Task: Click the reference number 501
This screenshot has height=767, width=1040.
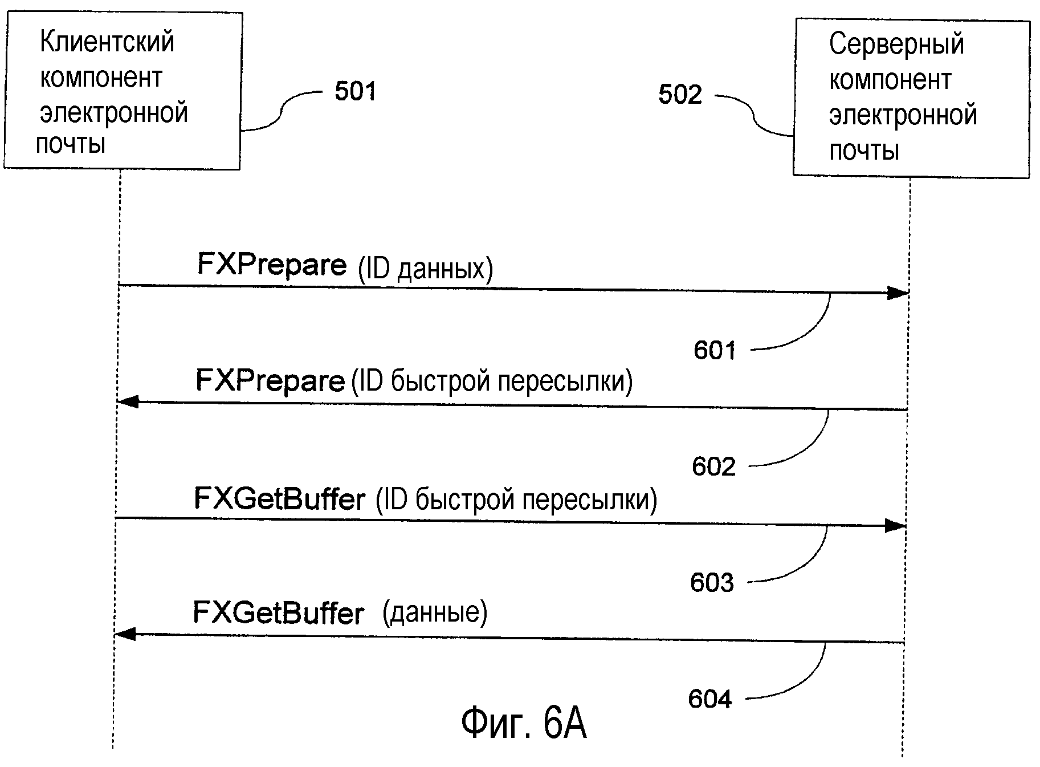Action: click(x=355, y=91)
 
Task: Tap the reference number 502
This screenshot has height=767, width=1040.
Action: click(x=680, y=95)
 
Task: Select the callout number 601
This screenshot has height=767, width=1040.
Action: click(x=715, y=350)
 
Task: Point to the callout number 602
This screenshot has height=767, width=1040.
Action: click(x=713, y=466)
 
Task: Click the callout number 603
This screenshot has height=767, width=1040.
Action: click(x=712, y=583)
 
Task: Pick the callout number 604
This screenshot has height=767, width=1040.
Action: click(x=710, y=699)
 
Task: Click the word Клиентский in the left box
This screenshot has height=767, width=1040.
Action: click(x=107, y=42)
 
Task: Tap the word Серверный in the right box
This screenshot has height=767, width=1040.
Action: click(x=896, y=44)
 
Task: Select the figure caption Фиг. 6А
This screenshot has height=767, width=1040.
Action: click(x=523, y=723)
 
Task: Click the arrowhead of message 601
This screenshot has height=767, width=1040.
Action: click(x=898, y=294)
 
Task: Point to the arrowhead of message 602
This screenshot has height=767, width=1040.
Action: click(x=128, y=401)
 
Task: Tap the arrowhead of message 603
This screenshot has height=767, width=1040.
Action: click(x=895, y=526)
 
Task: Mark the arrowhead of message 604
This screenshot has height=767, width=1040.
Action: click(x=125, y=634)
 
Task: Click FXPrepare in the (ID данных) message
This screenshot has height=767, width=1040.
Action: click(x=272, y=265)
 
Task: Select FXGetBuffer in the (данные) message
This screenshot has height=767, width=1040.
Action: click(x=278, y=614)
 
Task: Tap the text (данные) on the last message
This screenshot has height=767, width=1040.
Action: click(x=435, y=612)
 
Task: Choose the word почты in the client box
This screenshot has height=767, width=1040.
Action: click(x=71, y=143)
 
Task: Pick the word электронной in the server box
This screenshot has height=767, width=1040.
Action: click(x=903, y=115)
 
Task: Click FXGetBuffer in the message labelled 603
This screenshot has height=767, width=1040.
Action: click(x=279, y=499)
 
